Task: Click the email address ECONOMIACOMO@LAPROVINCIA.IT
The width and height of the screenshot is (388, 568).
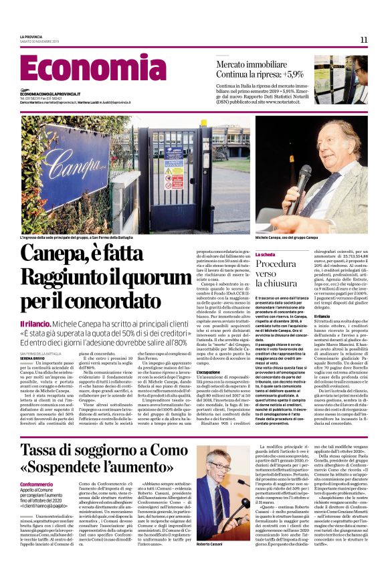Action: (x=50, y=94)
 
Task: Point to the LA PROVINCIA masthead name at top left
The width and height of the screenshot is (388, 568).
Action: (x=31, y=36)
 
